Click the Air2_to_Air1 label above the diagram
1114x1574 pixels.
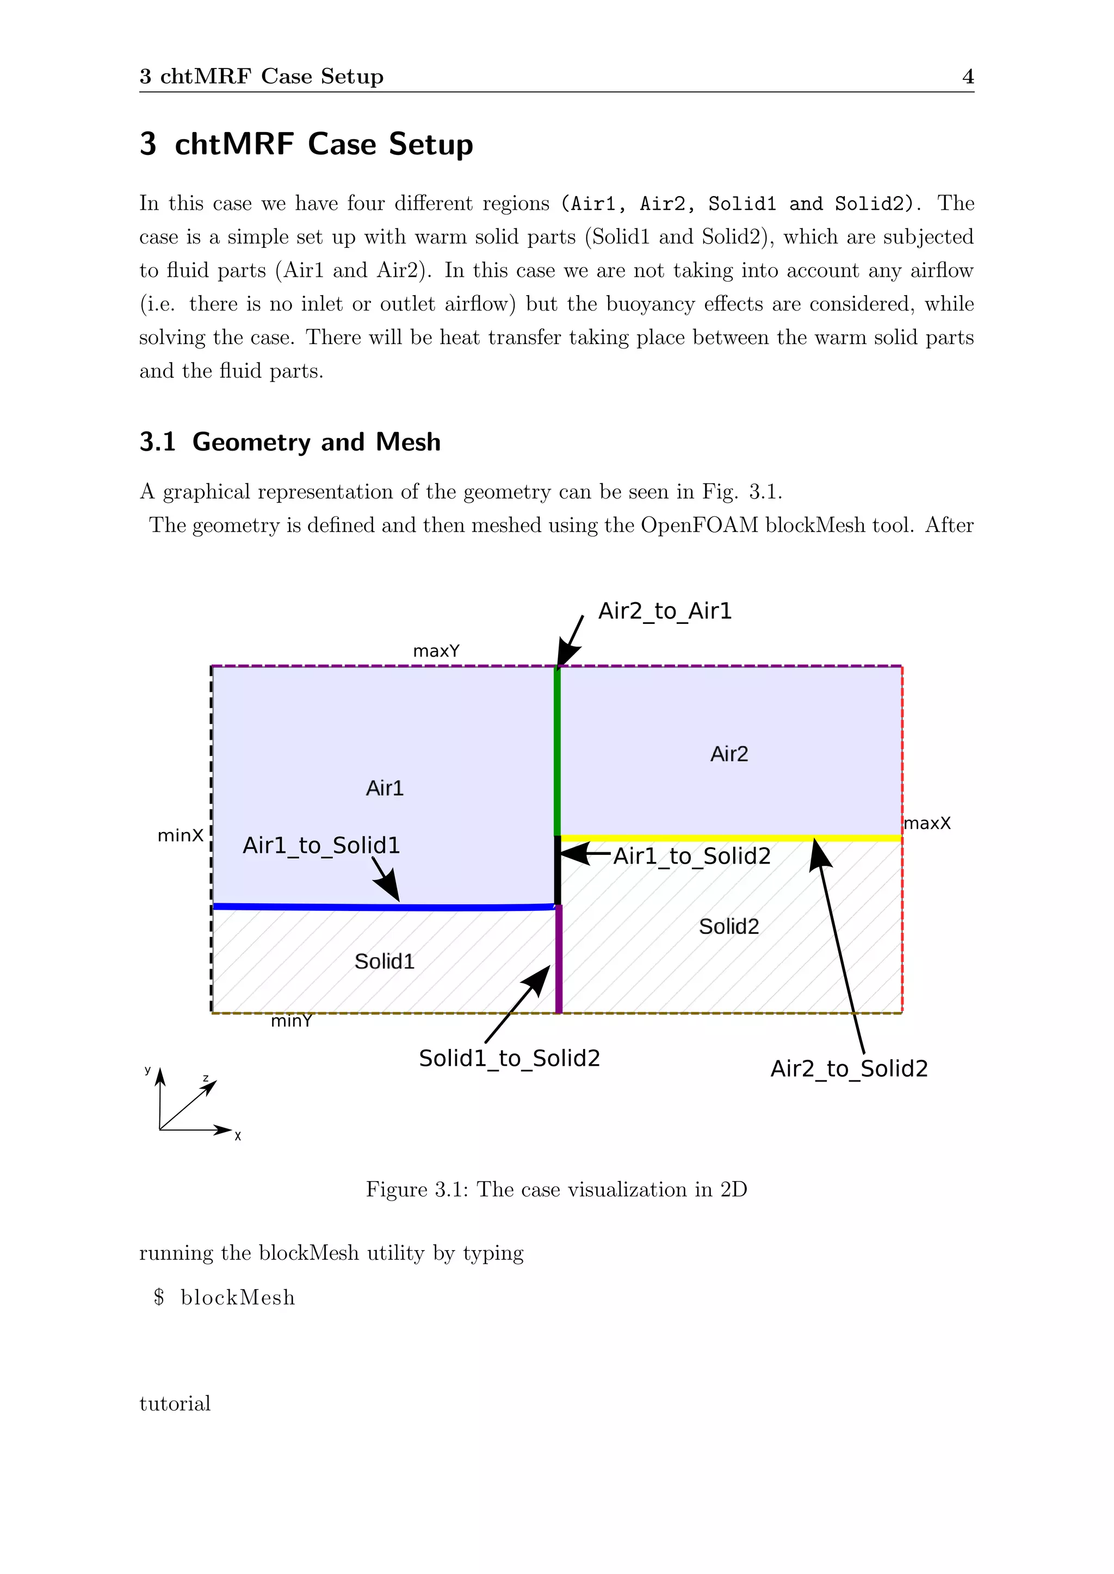click(665, 611)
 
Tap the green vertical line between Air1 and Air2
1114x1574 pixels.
click(557, 751)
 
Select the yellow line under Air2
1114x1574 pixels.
click(731, 838)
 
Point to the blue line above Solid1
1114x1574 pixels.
click(384, 907)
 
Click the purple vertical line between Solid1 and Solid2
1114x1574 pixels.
click(559, 960)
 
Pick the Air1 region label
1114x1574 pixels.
click(385, 789)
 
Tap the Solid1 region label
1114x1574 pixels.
click(385, 962)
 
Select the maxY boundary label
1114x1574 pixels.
click(436, 651)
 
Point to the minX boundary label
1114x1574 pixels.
click(181, 836)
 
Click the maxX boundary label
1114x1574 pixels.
click(927, 823)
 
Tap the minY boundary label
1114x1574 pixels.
click(292, 1021)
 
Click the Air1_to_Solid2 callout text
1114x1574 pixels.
click(692, 856)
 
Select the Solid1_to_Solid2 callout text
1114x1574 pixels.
click(510, 1058)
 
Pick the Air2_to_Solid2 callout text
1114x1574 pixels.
click(849, 1069)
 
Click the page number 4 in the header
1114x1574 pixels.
click(968, 76)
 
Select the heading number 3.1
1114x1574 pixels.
click(158, 442)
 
